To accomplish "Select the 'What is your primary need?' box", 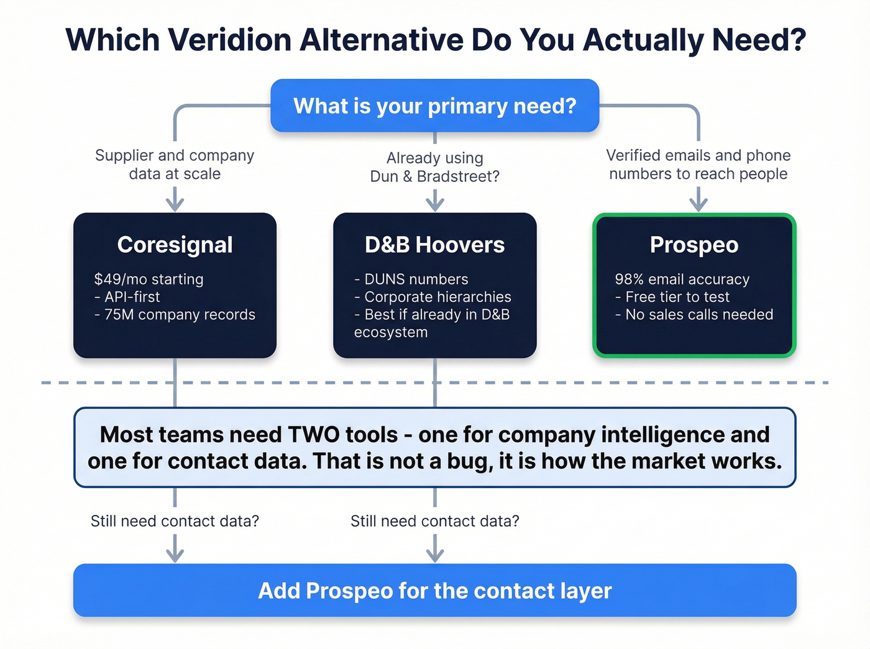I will click(435, 106).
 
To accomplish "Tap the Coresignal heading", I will click(175, 245).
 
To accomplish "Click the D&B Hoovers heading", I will click(434, 245).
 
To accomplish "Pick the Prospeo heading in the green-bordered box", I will click(694, 245).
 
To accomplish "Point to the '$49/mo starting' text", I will click(149, 279).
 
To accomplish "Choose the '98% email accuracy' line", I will click(682, 279).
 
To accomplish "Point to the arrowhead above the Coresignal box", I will click(175, 205).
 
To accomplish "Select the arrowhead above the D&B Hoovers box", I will click(435, 205).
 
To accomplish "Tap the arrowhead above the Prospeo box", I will click(698, 205).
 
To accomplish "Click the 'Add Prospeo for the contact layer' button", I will click(435, 591).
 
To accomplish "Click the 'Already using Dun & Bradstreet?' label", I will click(434, 167).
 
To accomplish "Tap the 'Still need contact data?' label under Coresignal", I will click(175, 521).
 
